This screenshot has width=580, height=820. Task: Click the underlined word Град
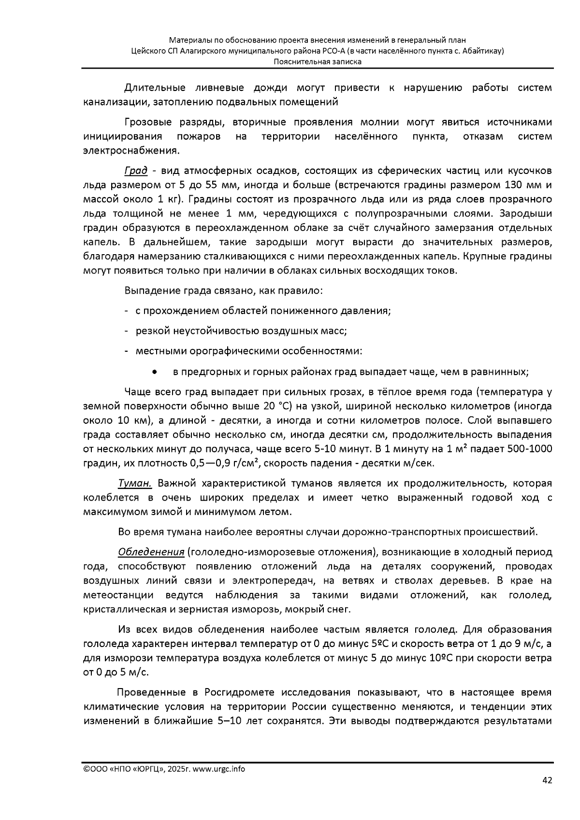(x=136, y=171)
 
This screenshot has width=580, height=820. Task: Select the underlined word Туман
(x=135, y=483)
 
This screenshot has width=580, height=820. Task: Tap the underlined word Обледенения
(x=151, y=552)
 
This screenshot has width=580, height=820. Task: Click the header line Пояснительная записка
(x=318, y=61)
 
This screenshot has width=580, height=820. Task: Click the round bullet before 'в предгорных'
(x=154, y=372)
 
